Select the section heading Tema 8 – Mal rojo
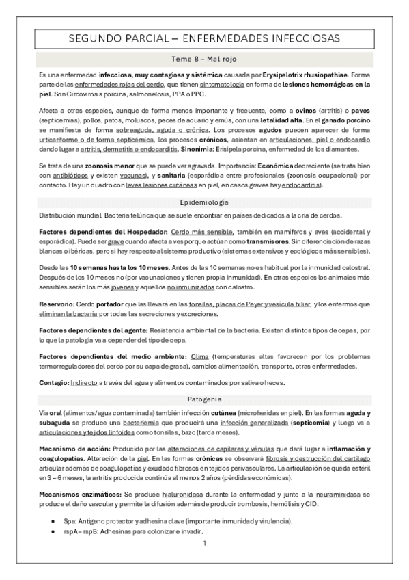pos(204,60)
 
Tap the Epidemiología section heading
pos(204,203)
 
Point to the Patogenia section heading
pos(204,398)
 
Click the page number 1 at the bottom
pos(204,544)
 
